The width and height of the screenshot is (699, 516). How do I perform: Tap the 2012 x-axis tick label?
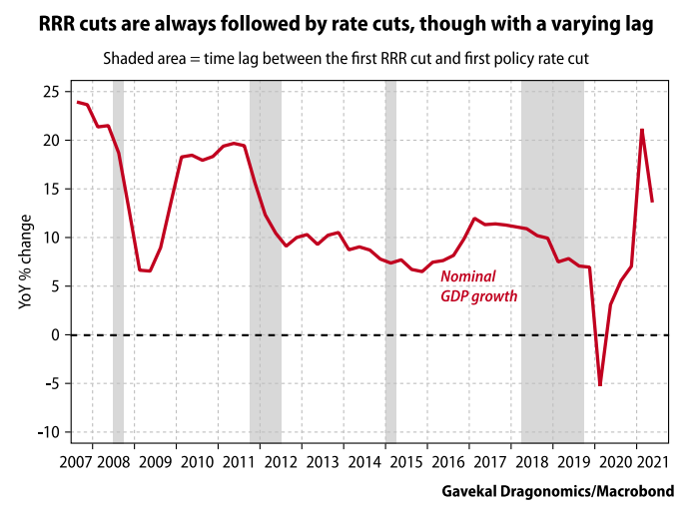tap(281, 461)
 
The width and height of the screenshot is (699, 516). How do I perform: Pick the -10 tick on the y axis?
tap(47, 432)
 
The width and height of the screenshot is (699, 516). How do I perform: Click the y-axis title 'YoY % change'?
tap(25, 260)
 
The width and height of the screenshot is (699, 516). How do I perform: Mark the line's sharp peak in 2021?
tap(641, 130)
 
